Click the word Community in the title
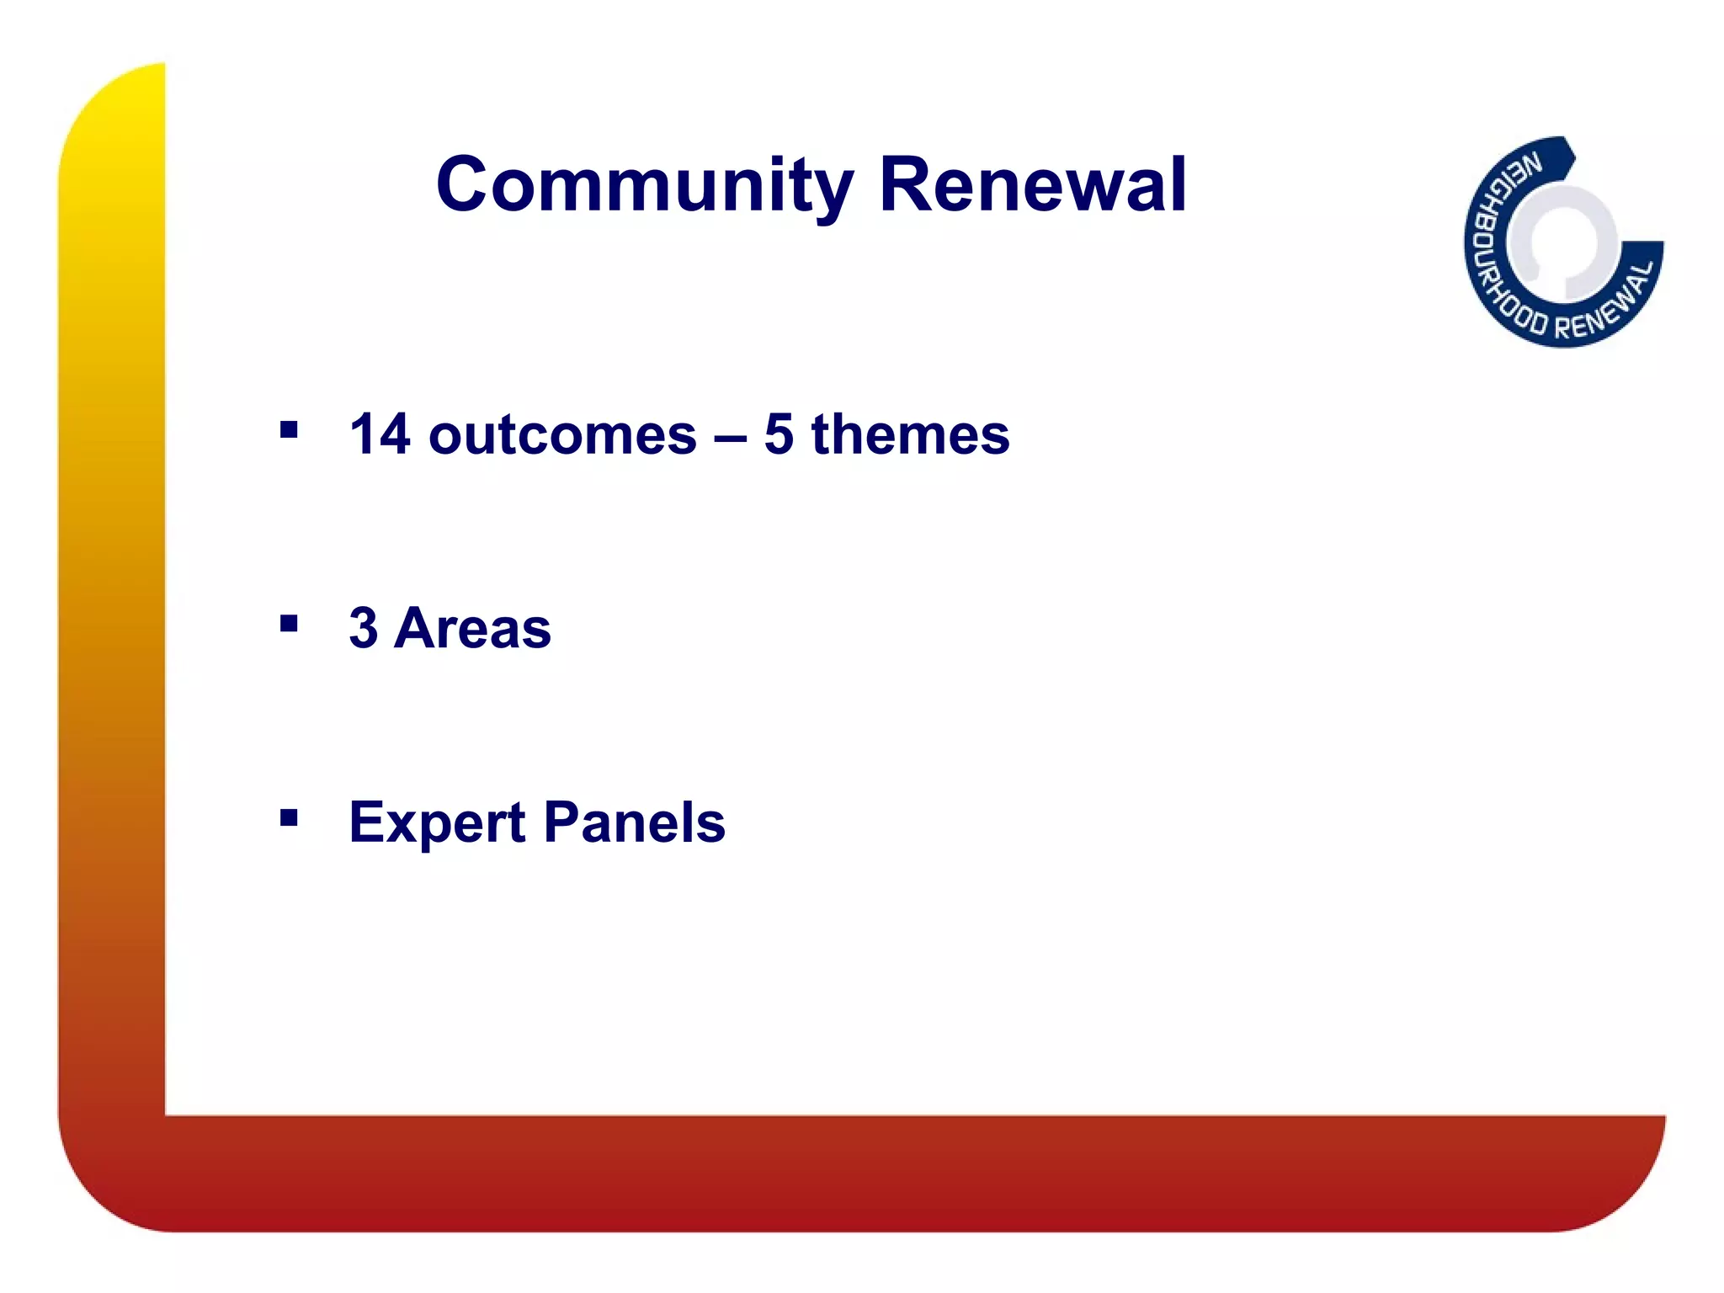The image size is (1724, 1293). pyautogui.click(x=645, y=185)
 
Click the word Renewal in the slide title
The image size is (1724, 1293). pyautogui.click(x=1033, y=185)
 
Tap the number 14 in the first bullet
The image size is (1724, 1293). pyautogui.click(x=380, y=435)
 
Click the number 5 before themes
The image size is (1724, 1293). pyautogui.click(x=779, y=435)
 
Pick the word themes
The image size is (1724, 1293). pyautogui.click(x=910, y=435)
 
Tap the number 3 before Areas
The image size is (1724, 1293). pyautogui.click(x=364, y=629)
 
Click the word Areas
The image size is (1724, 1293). pyautogui.click(x=472, y=629)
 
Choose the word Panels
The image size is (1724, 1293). pyautogui.click(x=635, y=822)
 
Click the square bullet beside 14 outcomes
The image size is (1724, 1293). pyautogui.click(x=289, y=431)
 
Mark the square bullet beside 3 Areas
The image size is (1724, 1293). pyautogui.click(x=289, y=624)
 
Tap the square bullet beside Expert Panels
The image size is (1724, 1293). pyautogui.click(x=289, y=817)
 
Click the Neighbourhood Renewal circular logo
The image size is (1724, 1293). pyautogui.click(x=1563, y=242)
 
